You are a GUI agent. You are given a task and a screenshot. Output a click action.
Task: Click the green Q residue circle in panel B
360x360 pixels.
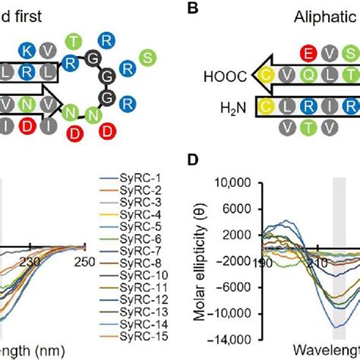[311, 76]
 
